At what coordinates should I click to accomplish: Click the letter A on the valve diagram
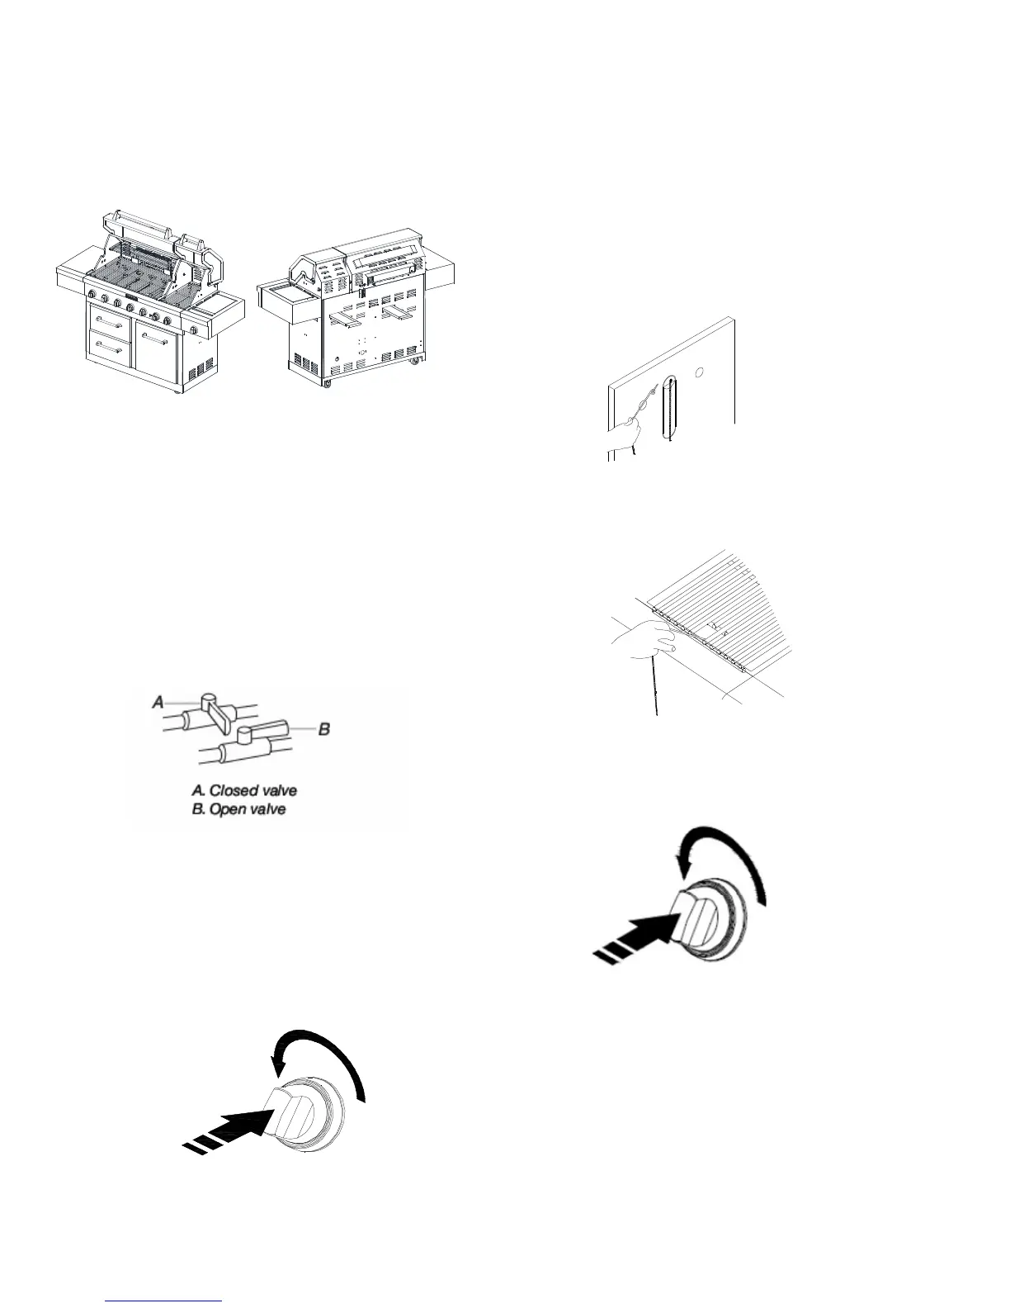pyautogui.click(x=158, y=703)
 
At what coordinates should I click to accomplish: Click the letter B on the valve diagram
pyautogui.click(x=324, y=729)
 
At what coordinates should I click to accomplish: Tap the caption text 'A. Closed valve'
pyautogui.click(x=244, y=791)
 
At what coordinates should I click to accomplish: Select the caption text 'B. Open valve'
pyautogui.click(x=238, y=809)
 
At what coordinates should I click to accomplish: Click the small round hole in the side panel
pyautogui.click(x=700, y=373)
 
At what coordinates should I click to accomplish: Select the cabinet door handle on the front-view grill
pyautogui.click(x=153, y=339)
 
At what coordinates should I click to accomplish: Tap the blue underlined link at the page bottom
pyautogui.click(x=164, y=1301)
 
